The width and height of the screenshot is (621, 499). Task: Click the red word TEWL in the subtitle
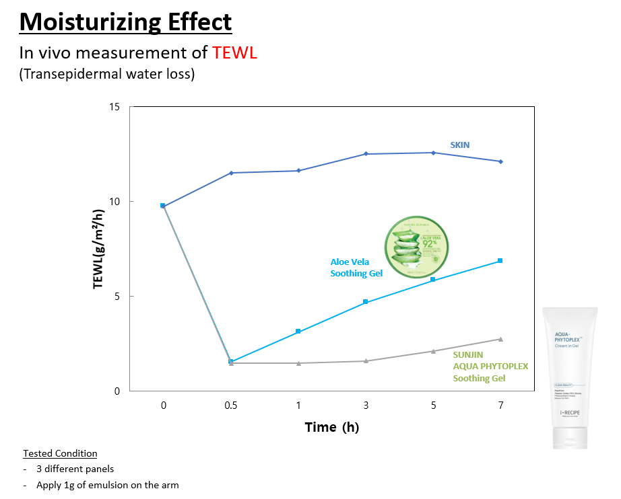tap(234, 52)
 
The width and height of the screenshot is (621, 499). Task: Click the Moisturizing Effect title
tap(125, 22)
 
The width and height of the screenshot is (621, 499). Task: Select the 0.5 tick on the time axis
tap(231, 406)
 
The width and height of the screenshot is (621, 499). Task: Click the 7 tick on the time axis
tap(500, 406)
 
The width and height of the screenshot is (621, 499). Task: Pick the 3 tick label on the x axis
tap(366, 406)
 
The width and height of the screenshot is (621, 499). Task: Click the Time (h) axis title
tap(332, 427)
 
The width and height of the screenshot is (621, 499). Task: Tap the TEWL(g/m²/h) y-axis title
tap(99, 249)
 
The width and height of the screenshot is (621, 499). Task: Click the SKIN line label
tap(460, 145)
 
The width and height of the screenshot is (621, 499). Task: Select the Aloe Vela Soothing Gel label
tap(356, 268)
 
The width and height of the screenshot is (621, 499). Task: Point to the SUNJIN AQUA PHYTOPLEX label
tap(490, 366)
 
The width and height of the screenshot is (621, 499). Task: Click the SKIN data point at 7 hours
tap(500, 161)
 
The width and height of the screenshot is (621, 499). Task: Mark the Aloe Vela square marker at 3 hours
tap(366, 302)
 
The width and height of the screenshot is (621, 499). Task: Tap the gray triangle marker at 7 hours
tap(500, 339)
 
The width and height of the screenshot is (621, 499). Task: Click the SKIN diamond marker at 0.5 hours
tap(231, 173)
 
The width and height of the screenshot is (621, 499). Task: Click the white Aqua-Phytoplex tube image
tap(570, 377)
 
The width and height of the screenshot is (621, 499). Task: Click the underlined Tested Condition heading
tap(60, 453)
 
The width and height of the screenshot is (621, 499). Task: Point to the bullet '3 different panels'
tap(75, 469)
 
